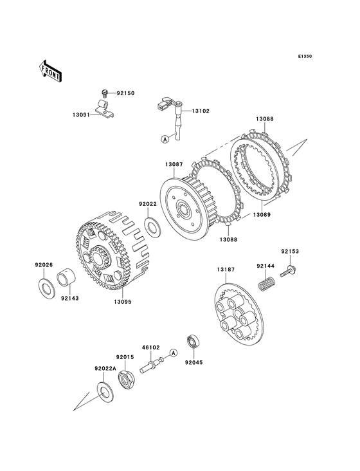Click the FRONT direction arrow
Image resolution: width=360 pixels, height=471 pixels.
[50, 71]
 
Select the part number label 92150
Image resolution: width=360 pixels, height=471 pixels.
[126, 93]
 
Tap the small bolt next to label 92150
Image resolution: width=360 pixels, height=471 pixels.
[105, 93]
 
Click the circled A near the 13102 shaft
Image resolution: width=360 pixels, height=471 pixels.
[165, 139]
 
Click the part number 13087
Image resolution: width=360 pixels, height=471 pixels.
[174, 165]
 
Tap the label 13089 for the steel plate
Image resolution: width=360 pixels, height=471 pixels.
[262, 215]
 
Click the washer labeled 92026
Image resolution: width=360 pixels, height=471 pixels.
[46, 288]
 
